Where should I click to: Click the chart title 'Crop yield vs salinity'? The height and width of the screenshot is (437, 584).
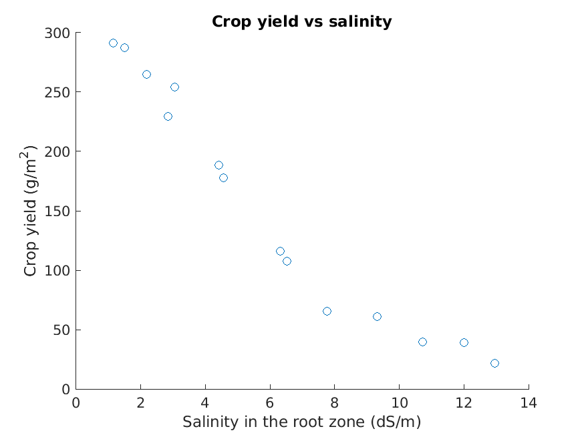pyautogui.click(x=301, y=21)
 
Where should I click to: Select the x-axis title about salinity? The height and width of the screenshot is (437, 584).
pyautogui.click(x=301, y=422)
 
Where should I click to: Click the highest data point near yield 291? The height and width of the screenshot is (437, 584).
pyautogui.click(x=113, y=43)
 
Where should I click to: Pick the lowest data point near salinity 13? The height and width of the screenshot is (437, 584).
pyautogui.click(x=494, y=363)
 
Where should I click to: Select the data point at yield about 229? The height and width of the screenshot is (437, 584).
pyautogui.click(x=168, y=116)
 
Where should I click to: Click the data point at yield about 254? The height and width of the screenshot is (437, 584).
pyautogui.click(x=174, y=87)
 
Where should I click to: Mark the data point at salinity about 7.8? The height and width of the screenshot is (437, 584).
pyautogui.click(x=327, y=311)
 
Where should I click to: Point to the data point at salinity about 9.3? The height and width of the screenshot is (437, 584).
pyautogui.click(x=377, y=316)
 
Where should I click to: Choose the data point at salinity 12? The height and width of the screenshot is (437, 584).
pyautogui.click(x=464, y=342)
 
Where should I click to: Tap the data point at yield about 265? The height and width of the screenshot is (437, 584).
pyautogui.click(x=146, y=74)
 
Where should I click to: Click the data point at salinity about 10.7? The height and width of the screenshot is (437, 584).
pyautogui.click(x=422, y=342)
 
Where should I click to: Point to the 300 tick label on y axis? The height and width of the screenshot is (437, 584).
pyautogui.click(x=59, y=33)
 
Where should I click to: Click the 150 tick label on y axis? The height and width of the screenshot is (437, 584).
pyautogui.click(x=59, y=211)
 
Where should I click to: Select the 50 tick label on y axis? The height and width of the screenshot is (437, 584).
pyautogui.click(x=62, y=330)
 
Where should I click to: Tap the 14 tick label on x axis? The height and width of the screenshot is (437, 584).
pyautogui.click(x=529, y=403)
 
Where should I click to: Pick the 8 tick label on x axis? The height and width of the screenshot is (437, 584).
pyautogui.click(x=334, y=403)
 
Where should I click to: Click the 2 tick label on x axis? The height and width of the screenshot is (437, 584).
pyautogui.click(x=140, y=403)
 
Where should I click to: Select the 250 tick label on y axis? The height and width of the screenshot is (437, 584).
pyautogui.click(x=59, y=92)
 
